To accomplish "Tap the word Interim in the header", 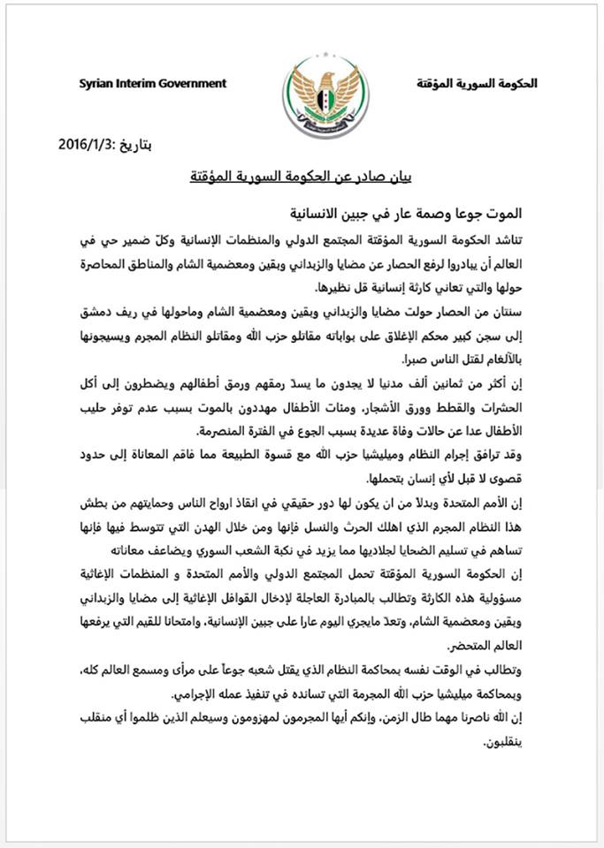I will coord(137,84).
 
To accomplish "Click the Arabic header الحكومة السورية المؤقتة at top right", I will coord(477,85).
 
